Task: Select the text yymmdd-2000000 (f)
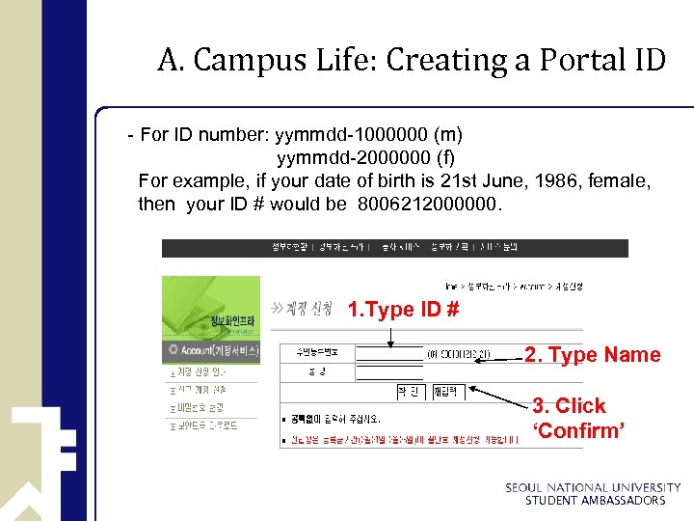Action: tap(366, 156)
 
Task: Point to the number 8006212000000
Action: tap(429, 204)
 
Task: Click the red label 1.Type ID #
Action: tap(403, 310)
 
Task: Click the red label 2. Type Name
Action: tap(592, 355)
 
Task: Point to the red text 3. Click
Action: tap(569, 406)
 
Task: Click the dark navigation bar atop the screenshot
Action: tap(394, 248)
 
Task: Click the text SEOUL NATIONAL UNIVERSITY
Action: tap(593, 488)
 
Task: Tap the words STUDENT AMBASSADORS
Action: tap(595, 501)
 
